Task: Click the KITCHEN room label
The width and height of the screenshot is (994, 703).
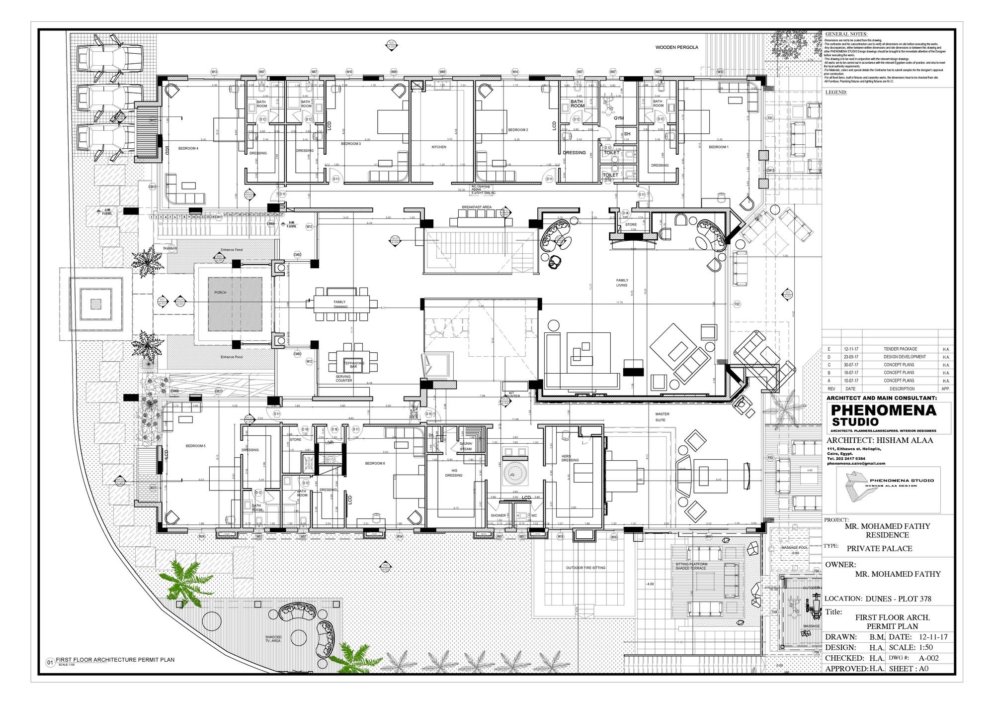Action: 439,147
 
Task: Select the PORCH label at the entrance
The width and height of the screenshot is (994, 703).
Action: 220,293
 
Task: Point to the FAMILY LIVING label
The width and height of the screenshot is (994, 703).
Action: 622,283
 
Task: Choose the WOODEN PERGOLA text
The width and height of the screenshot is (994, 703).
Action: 676,47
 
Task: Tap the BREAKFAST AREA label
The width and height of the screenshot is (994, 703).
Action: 476,206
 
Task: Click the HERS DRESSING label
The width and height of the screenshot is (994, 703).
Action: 570,458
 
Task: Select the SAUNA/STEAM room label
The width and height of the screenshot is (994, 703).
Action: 466,446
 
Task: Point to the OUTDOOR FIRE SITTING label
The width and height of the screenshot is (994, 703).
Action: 585,568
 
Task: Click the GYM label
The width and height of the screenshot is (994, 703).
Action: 618,118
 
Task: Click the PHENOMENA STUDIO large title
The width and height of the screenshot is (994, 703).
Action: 883,415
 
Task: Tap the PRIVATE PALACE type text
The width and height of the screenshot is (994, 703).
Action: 879,548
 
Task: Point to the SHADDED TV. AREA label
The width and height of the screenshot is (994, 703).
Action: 273,639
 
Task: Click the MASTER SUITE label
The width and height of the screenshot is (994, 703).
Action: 662,417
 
